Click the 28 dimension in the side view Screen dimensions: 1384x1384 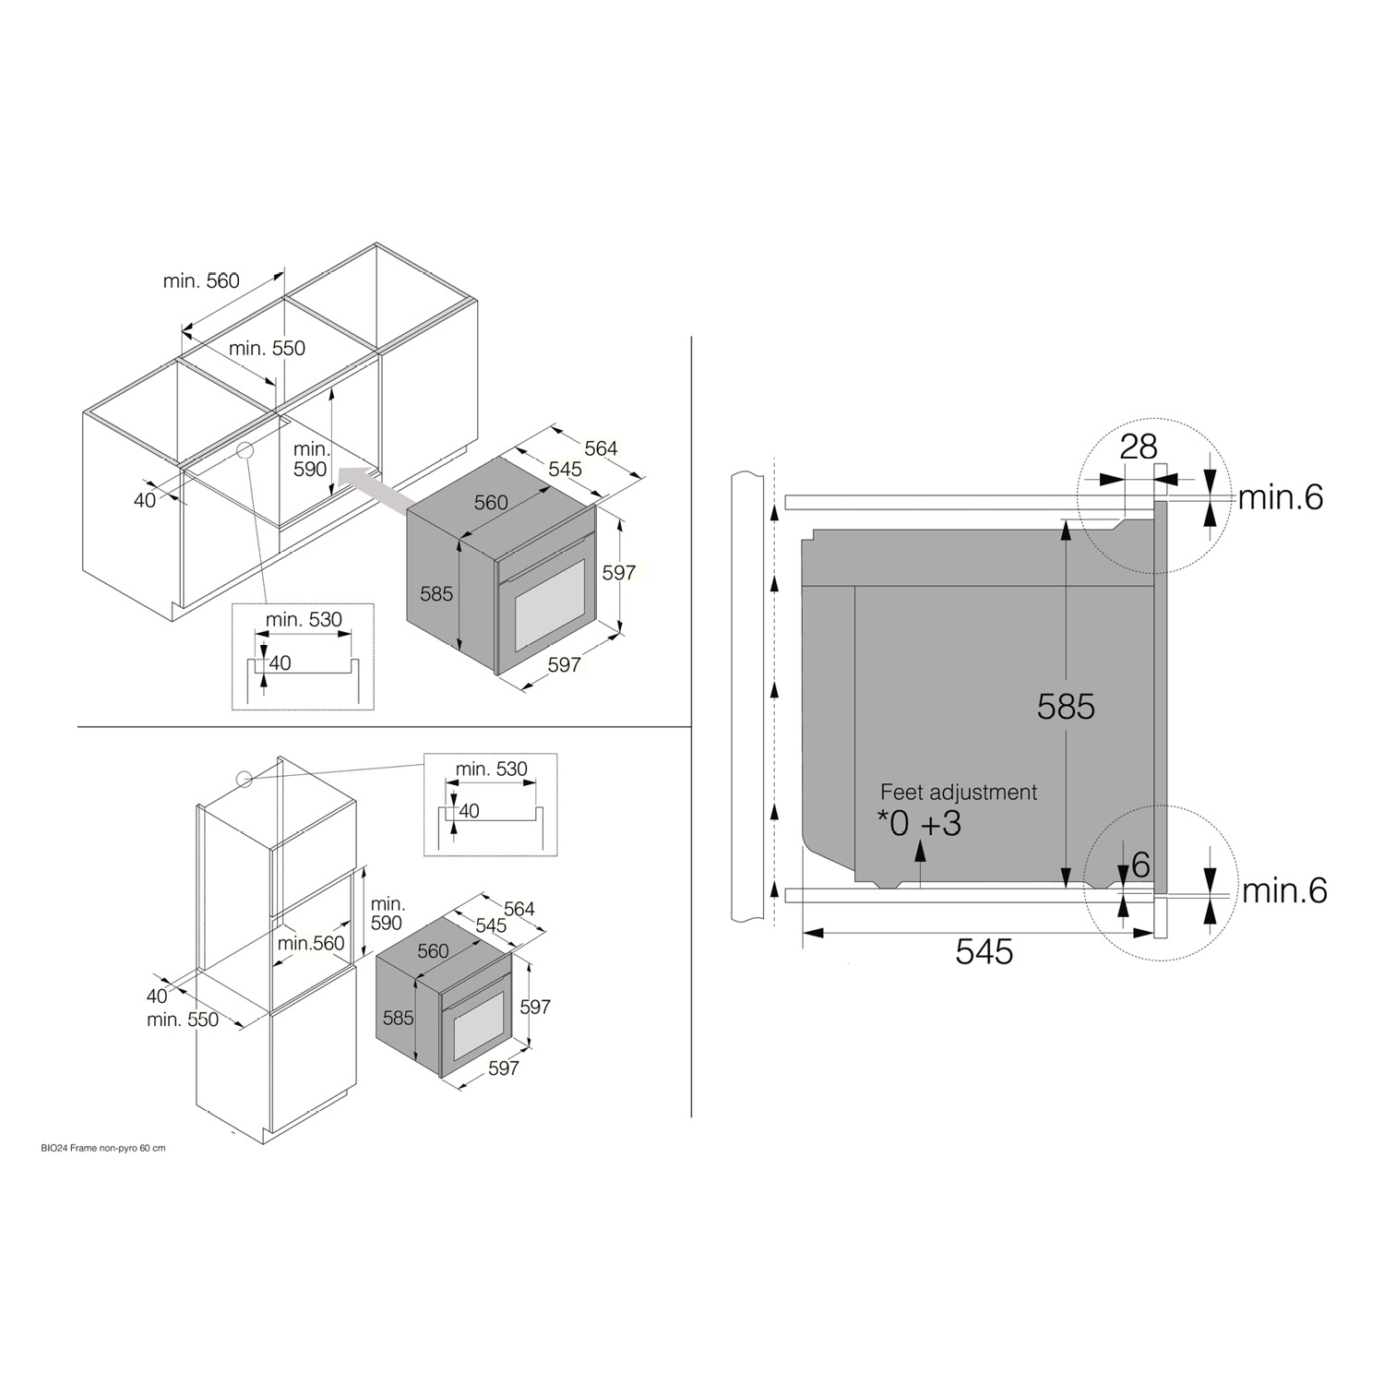[x=1139, y=447]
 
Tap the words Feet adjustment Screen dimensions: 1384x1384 [x=959, y=792]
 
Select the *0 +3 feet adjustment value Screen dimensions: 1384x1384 [x=919, y=823]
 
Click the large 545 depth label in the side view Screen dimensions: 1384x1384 [x=984, y=951]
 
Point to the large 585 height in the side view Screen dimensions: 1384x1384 [x=1066, y=706]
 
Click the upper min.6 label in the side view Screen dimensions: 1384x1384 [x=1281, y=497]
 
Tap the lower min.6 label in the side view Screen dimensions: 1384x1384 [x=1284, y=890]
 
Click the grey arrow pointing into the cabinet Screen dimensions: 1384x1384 [x=375, y=488]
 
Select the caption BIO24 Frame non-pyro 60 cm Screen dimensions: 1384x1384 [x=90, y=1149]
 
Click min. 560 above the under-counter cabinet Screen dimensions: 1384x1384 [x=201, y=280]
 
